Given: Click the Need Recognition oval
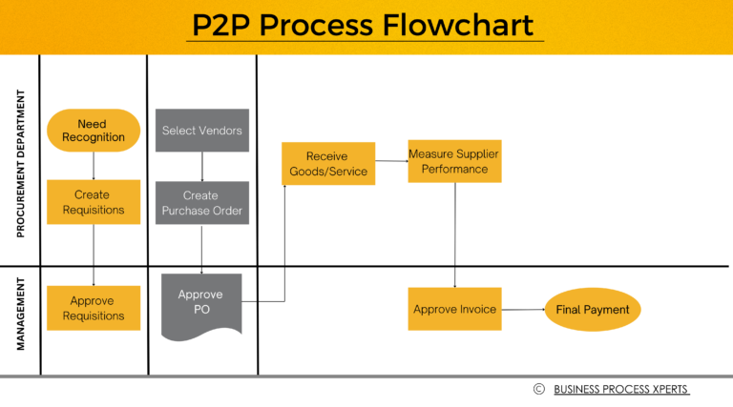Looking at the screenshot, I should tap(93, 131).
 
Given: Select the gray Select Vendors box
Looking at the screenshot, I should tap(201, 131).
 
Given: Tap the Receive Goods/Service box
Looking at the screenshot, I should tap(327, 164).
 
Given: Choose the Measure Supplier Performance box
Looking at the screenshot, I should tap(454, 161).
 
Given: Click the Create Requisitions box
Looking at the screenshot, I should tap(93, 202).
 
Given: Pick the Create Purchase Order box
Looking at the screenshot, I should tap(201, 202).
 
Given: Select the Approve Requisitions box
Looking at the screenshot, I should tap(93, 308).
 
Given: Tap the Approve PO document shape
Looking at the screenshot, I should tap(200, 307).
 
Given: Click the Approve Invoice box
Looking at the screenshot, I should tap(454, 309).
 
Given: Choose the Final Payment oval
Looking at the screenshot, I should tap(593, 310).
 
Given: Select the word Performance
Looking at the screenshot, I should tap(454, 169).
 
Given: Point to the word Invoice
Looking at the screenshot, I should tap(476, 310).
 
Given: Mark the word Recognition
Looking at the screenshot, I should tap(93, 137).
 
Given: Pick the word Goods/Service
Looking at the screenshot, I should tap(327, 173).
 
